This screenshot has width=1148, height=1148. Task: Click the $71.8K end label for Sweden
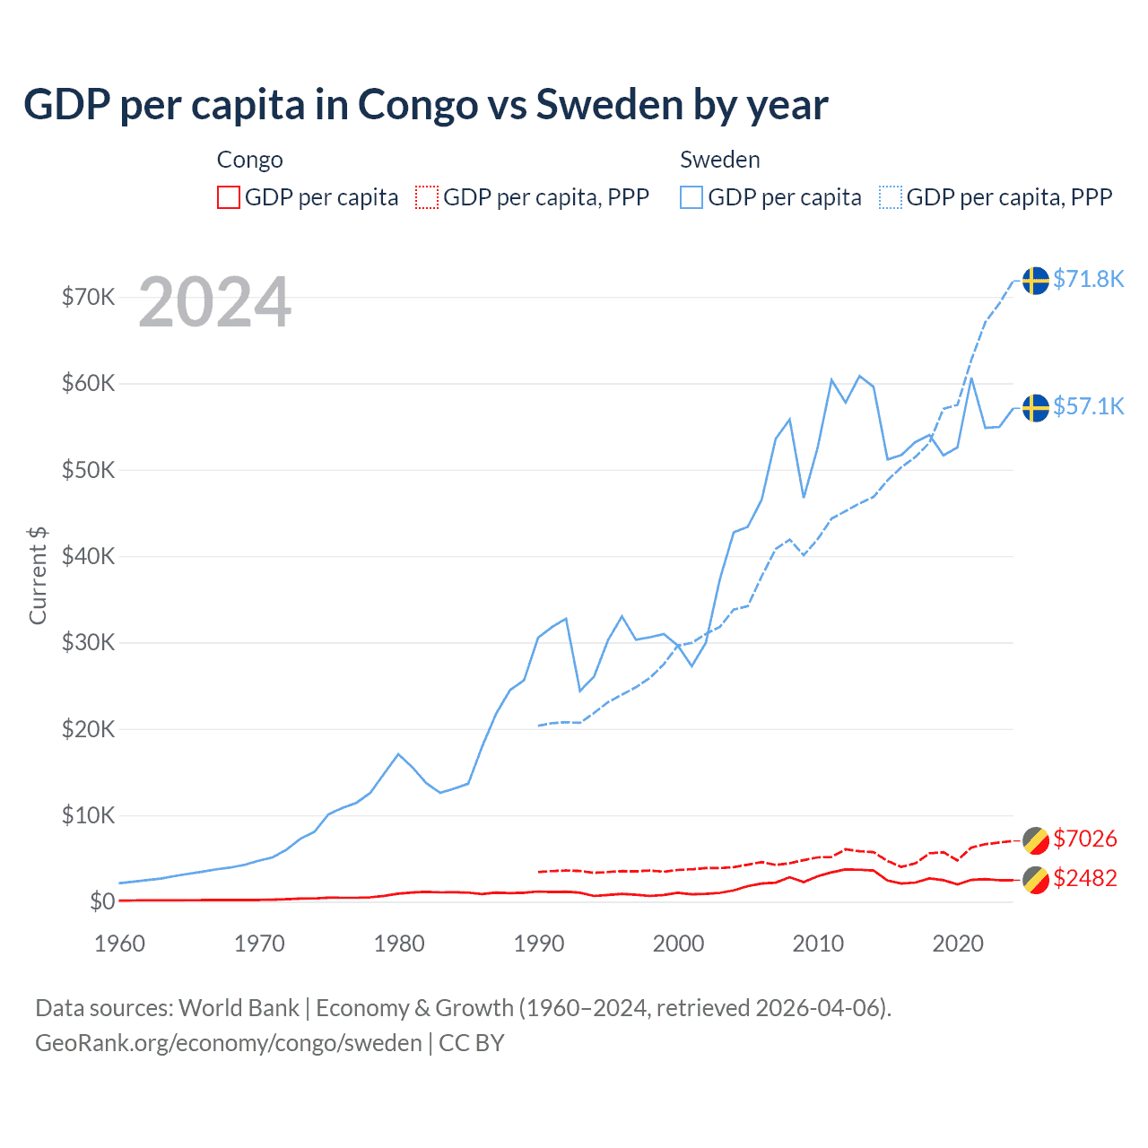[x=1088, y=279]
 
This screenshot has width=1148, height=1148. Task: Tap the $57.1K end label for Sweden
[x=1088, y=406]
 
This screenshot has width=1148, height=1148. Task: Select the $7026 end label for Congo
[x=1084, y=839]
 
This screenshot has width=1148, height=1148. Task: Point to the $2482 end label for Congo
[x=1084, y=878]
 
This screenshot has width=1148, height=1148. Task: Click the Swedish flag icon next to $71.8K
[x=1036, y=280]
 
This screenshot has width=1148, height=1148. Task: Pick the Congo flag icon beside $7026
[x=1036, y=840]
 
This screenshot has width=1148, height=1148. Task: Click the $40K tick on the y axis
[x=88, y=556]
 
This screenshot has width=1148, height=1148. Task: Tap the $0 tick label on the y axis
[x=102, y=901]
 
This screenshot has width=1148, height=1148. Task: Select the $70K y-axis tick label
[x=88, y=297]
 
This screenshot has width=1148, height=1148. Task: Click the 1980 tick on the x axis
[x=399, y=944]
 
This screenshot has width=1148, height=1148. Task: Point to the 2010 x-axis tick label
[x=818, y=944]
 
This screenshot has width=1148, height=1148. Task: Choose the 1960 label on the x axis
[x=119, y=944]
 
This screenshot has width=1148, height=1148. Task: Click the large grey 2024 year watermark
[x=214, y=303]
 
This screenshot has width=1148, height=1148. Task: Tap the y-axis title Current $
[x=38, y=575]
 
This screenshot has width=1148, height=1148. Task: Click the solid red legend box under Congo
[x=229, y=197]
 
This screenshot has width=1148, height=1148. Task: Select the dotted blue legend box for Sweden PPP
[x=891, y=197]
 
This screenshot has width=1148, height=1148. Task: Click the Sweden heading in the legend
[x=719, y=160]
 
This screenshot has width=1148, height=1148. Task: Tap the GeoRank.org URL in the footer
[x=228, y=1043]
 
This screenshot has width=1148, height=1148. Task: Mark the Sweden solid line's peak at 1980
[x=398, y=754]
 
